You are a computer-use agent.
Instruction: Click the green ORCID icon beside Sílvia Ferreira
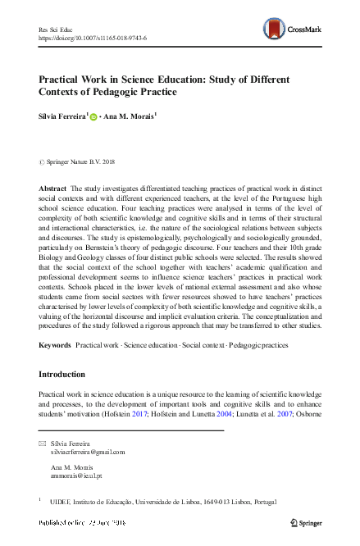(93, 117)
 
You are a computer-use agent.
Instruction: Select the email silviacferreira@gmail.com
(87, 452)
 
